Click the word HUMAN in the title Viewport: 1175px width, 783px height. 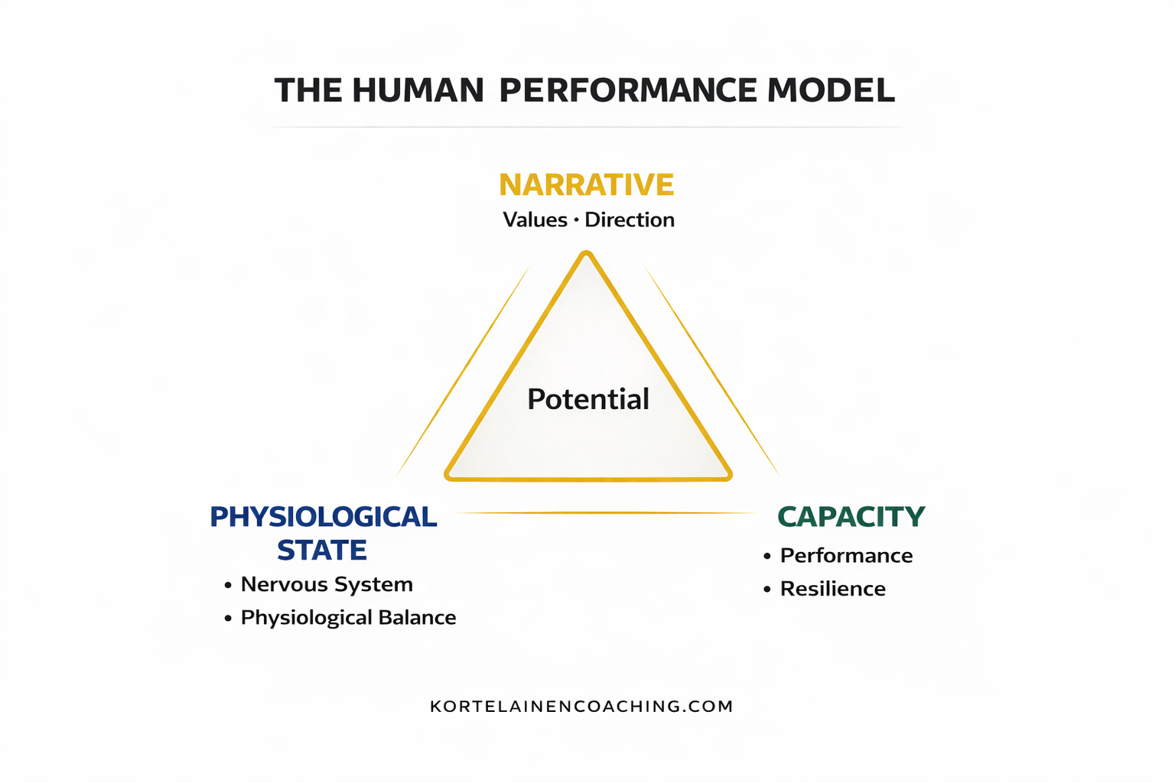click(418, 90)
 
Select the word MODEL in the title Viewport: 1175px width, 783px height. click(830, 90)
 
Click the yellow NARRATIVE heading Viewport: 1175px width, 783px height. click(586, 185)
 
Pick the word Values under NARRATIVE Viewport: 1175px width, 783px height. click(535, 220)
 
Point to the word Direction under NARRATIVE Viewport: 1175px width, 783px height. click(630, 220)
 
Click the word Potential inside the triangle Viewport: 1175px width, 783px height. click(588, 399)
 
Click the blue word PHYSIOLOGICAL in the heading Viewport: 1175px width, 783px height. click(323, 517)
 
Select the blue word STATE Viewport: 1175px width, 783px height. click(322, 551)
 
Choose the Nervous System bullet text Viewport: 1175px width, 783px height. click(327, 584)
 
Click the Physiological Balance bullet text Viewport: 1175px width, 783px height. click(348, 618)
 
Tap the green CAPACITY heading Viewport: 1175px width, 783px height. click(851, 517)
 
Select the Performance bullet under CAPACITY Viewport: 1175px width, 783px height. click(846, 555)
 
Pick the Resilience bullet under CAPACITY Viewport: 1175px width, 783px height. click(832, 589)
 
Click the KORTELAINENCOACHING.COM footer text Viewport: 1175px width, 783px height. click(581, 707)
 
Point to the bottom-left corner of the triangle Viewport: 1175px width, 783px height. click(450, 476)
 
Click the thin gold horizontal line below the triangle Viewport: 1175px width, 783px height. click(604, 512)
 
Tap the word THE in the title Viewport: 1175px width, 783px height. click(308, 90)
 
